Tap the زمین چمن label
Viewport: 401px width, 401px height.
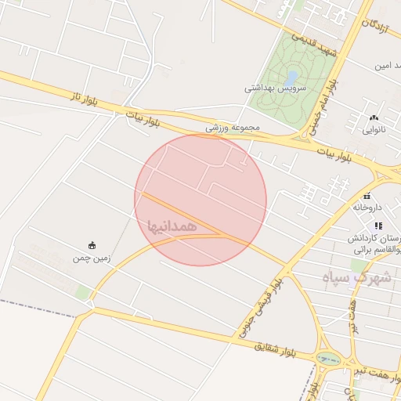click(92, 257)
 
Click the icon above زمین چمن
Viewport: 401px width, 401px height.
click(92, 245)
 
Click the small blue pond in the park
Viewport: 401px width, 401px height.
click(291, 78)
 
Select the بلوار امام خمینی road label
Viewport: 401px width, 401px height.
click(323, 106)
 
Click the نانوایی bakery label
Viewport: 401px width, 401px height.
click(373, 130)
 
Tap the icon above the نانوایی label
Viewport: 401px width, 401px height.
click(374, 118)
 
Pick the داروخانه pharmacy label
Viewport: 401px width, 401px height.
click(367, 208)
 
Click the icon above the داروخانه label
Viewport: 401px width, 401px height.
click(367, 196)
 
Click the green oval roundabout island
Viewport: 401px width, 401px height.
click(328, 359)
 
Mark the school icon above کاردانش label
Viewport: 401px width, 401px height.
click(379, 226)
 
